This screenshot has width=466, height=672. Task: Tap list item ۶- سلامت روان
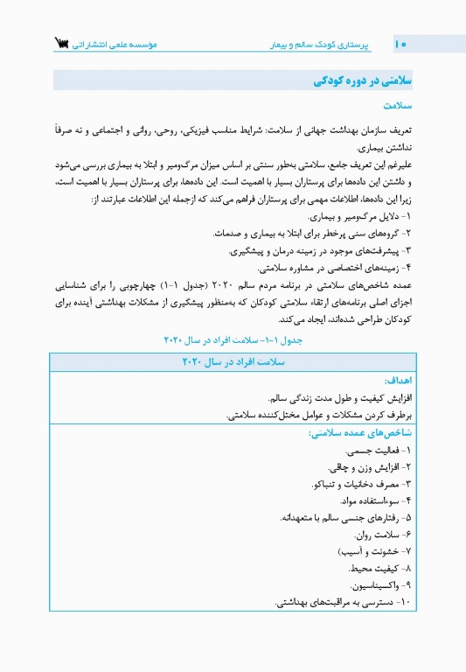pyautogui.click(x=381, y=535)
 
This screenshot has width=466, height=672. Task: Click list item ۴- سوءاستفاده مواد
pyautogui.click(x=371, y=501)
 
